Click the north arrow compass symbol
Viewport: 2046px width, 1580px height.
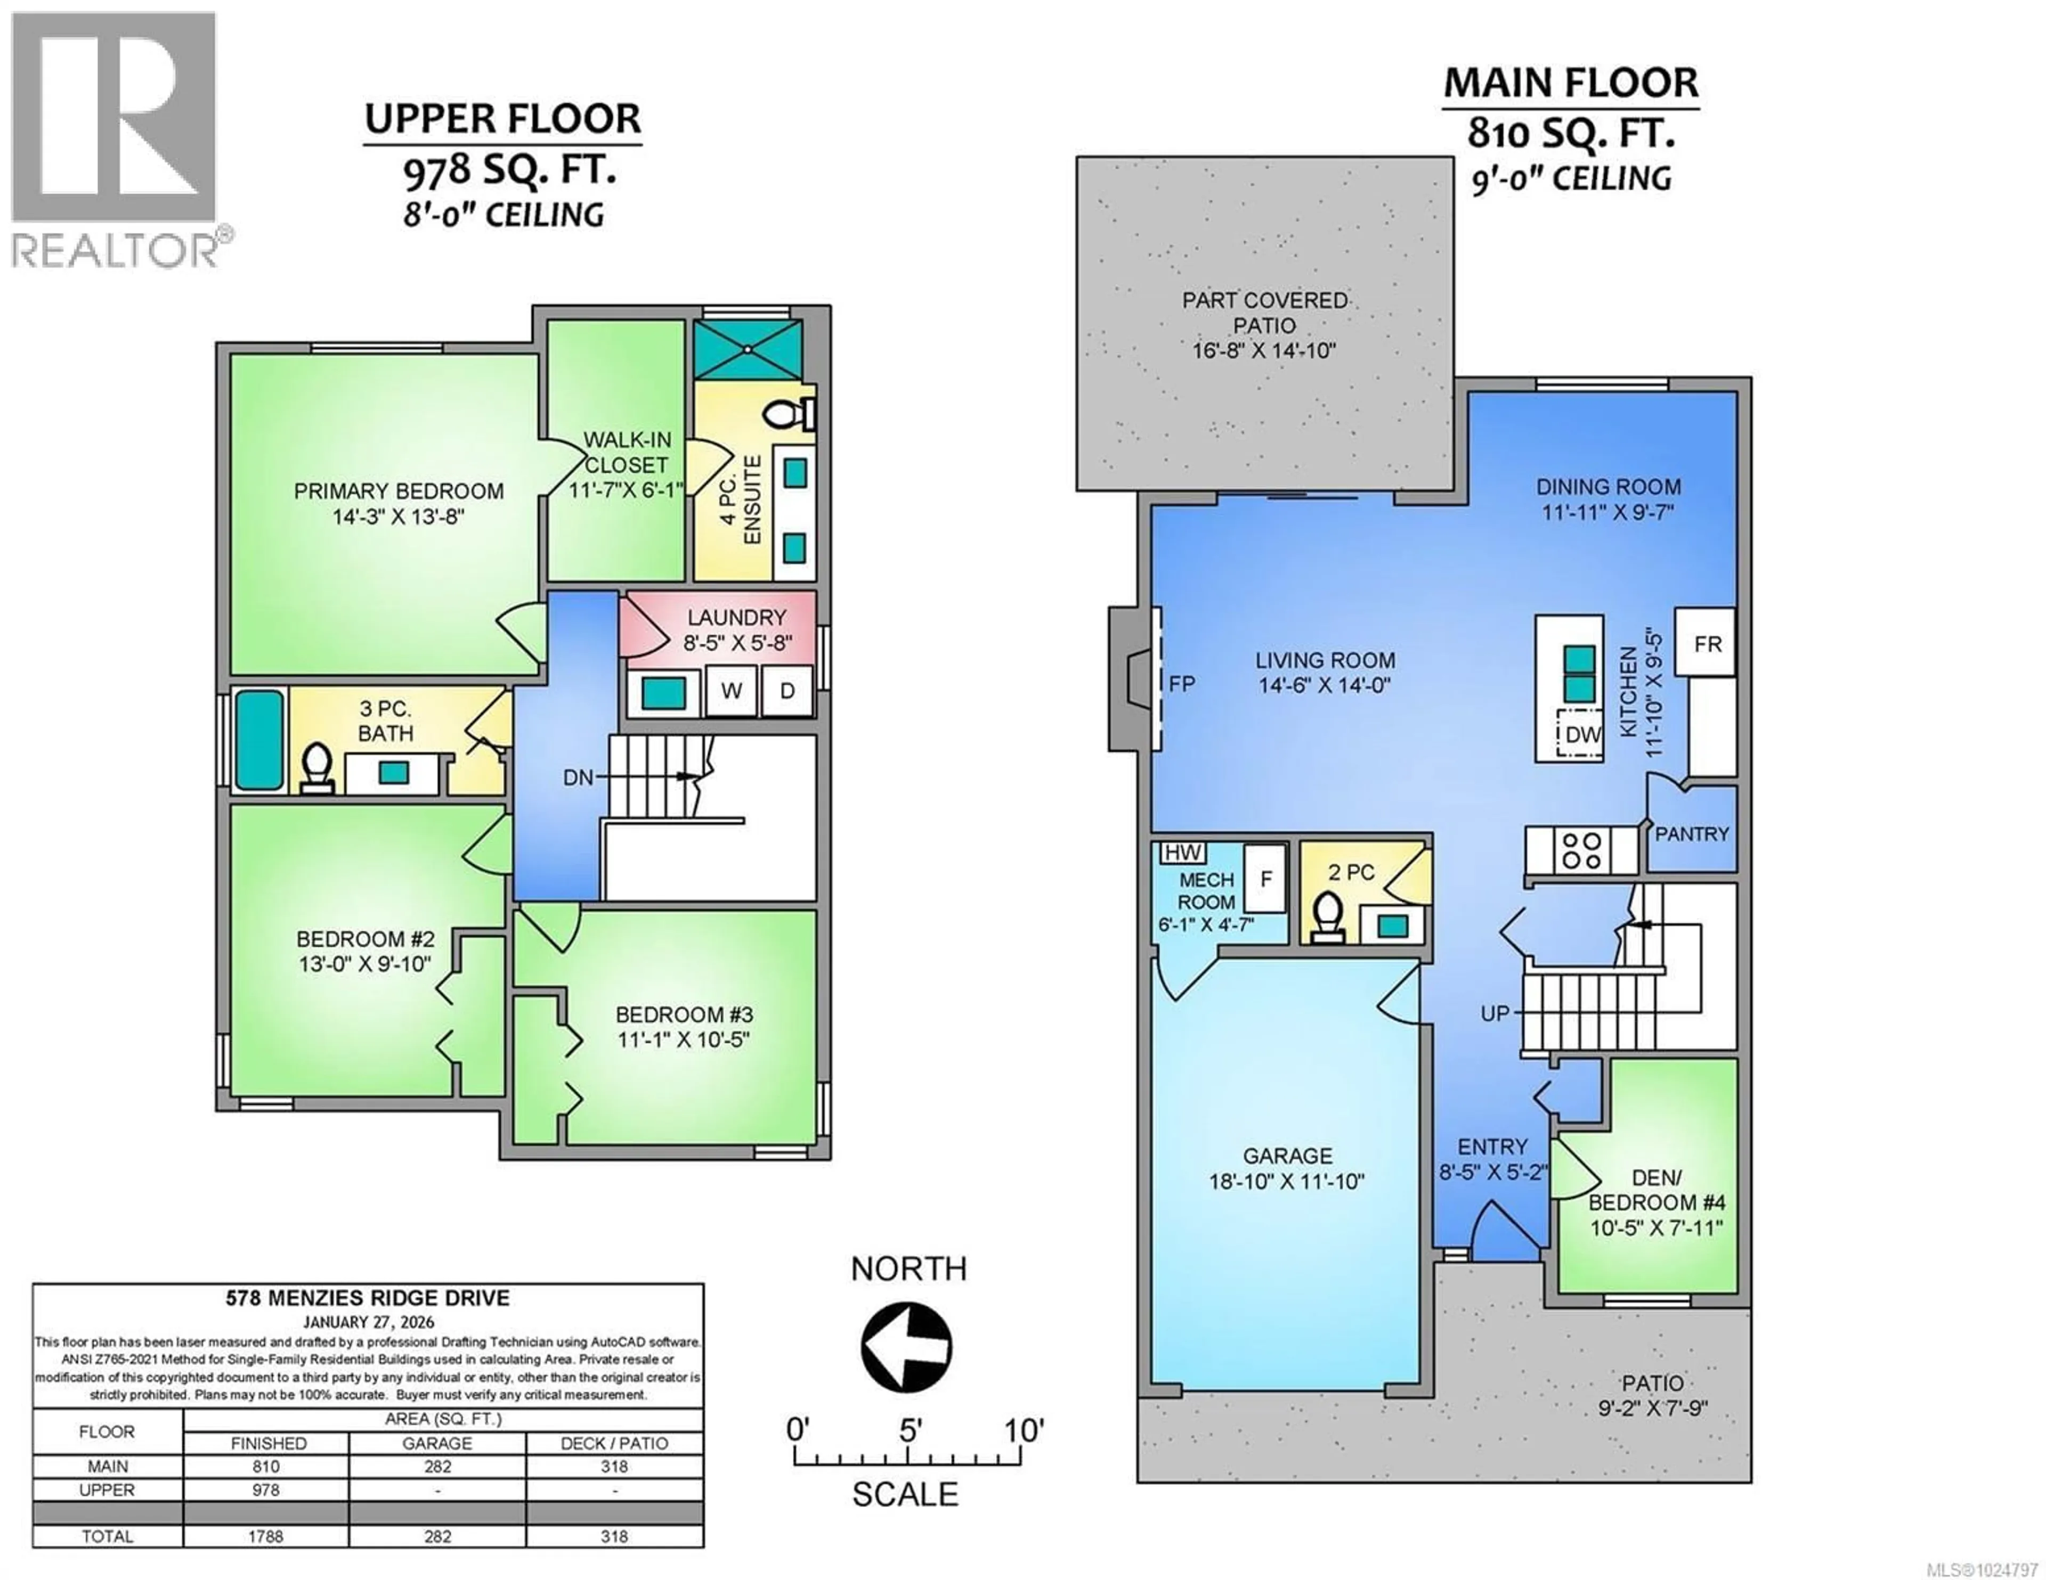coord(906,1347)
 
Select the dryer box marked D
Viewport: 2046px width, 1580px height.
coord(787,691)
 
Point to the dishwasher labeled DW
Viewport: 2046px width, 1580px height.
coord(1582,734)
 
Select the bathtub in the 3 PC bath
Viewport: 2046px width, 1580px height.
coord(258,740)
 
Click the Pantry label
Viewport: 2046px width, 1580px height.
coord(1692,833)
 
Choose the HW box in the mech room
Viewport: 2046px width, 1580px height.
coord(1182,852)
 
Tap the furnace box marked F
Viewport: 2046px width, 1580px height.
coord(1265,879)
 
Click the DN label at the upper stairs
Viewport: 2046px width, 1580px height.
coord(578,777)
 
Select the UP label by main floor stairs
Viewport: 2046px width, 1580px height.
coord(1495,1013)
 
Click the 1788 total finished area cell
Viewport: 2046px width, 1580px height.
coord(266,1536)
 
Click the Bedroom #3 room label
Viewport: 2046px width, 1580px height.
coord(684,1014)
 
